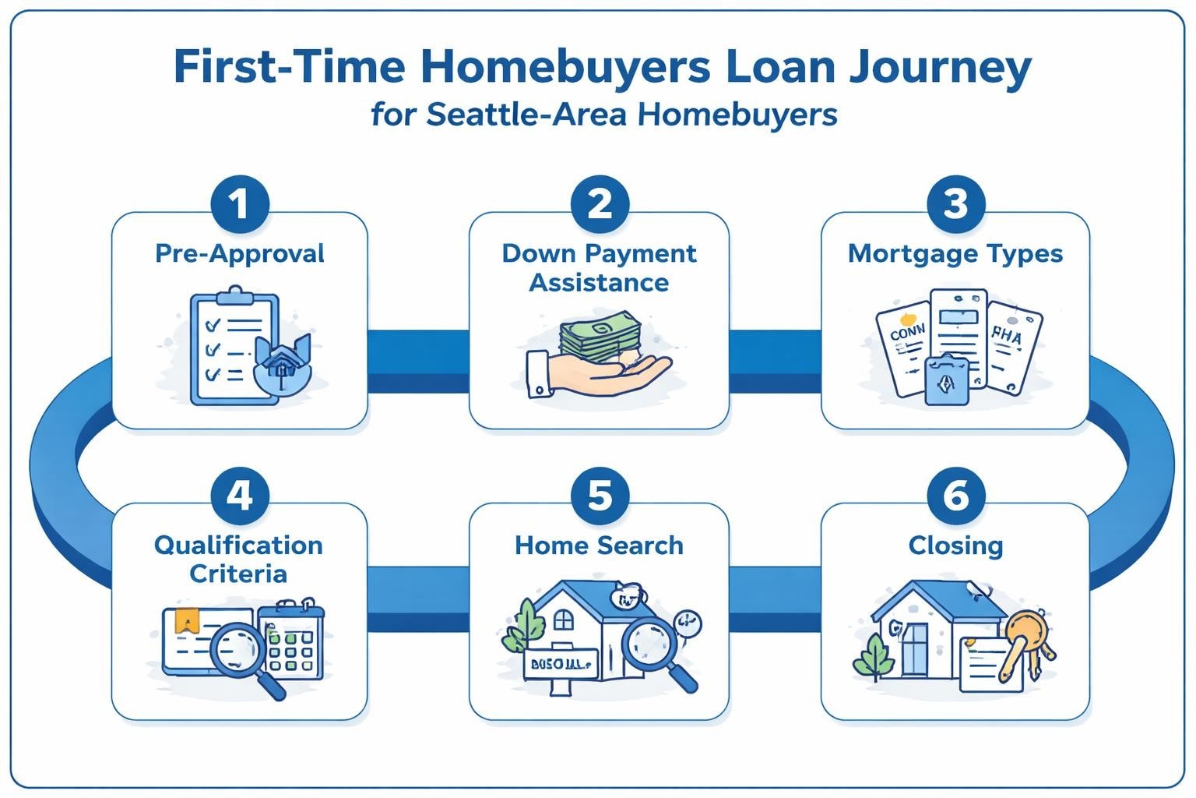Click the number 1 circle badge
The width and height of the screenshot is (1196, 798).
pyautogui.click(x=240, y=204)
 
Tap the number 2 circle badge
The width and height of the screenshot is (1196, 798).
pyautogui.click(x=599, y=204)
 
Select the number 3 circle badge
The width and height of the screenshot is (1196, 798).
pyautogui.click(x=955, y=204)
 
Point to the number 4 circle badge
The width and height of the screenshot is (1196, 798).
pyautogui.click(x=240, y=496)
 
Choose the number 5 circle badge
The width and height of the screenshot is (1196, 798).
pyautogui.click(x=599, y=496)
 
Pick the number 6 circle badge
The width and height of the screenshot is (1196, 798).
pyautogui.click(x=955, y=496)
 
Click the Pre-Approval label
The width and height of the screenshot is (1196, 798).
pyautogui.click(x=240, y=254)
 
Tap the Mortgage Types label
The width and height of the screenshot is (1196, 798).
pyautogui.click(x=955, y=254)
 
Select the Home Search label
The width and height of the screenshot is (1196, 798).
pyautogui.click(x=599, y=546)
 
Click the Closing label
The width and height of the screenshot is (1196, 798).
pyautogui.click(x=955, y=546)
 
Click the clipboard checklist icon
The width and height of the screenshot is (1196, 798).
pyautogui.click(x=234, y=348)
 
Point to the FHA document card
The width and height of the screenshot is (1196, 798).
pyautogui.click(x=1012, y=348)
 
